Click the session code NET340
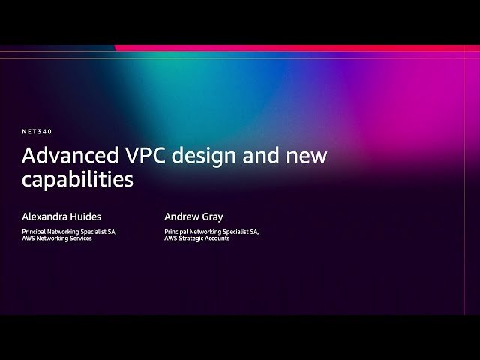click(x=37, y=131)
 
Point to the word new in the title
click(x=307, y=156)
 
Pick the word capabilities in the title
click(x=77, y=181)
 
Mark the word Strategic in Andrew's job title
click(x=192, y=238)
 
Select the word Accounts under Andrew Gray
click(x=218, y=238)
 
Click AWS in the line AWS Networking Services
click(x=28, y=238)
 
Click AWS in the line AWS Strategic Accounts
click(x=170, y=238)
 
